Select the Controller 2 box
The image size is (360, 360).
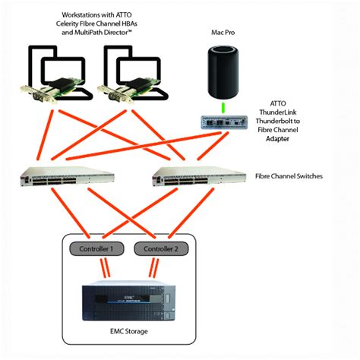[x=160, y=248]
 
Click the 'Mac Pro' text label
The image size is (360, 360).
[x=224, y=33]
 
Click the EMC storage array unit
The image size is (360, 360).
[x=128, y=302]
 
